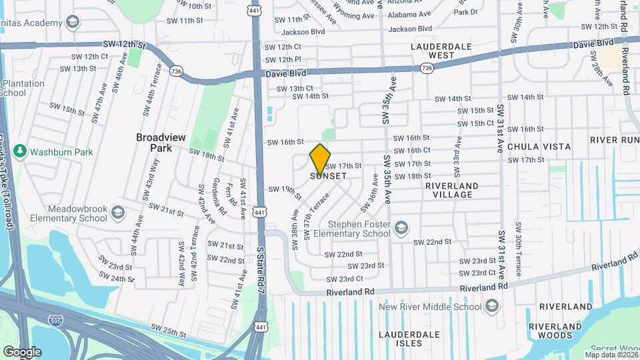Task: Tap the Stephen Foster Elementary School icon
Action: pos(401,229)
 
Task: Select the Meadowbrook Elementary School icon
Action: pos(117,213)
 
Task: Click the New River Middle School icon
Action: pos(492,306)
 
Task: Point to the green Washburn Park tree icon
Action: pos(19,152)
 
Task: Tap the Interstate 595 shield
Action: pos(57,321)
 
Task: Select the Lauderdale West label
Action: pos(441,51)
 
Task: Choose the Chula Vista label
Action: pos(539,147)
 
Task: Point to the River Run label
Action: pos(614,140)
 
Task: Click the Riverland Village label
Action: pos(452,190)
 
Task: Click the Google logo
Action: pos(21,351)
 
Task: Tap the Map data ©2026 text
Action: pos(611,355)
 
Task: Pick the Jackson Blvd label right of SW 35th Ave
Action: pos(410,29)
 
